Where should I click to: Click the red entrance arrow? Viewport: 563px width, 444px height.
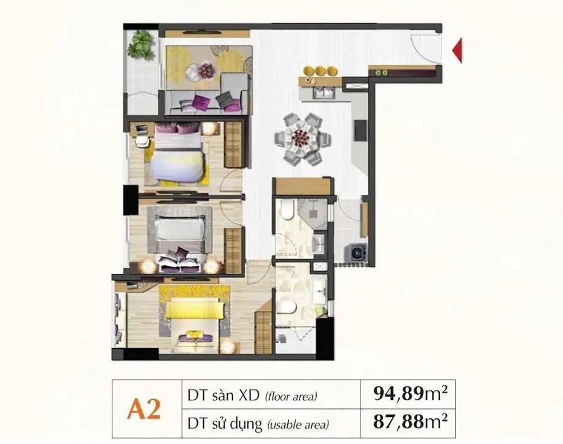click(457, 50)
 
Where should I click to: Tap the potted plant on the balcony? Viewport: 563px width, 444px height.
click(141, 45)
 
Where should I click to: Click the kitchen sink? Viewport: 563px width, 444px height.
click(324, 93)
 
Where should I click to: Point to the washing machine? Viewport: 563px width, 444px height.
click(356, 252)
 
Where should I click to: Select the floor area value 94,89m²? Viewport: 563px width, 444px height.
click(410, 394)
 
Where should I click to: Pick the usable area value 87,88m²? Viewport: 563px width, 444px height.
click(410, 422)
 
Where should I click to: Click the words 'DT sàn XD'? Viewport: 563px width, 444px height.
click(223, 395)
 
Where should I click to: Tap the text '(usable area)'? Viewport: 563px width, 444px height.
click(298, 424)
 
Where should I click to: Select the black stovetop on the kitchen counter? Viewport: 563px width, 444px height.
click(361, 130)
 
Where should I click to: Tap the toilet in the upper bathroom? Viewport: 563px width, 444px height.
click(288, 210)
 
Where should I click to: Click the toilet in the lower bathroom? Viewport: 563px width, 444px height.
click(286, 308)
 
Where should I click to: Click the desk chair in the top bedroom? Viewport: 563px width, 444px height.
click(142, 141)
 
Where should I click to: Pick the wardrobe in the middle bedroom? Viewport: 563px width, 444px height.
click(233, 250)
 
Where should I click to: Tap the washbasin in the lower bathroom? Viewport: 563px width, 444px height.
click(319, 289)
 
